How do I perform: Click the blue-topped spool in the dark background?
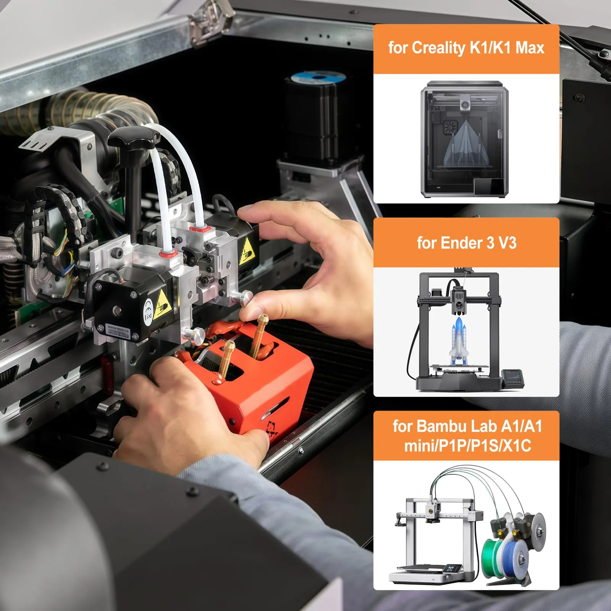tap(318, 78)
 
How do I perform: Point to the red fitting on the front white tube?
tap(168, 253)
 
